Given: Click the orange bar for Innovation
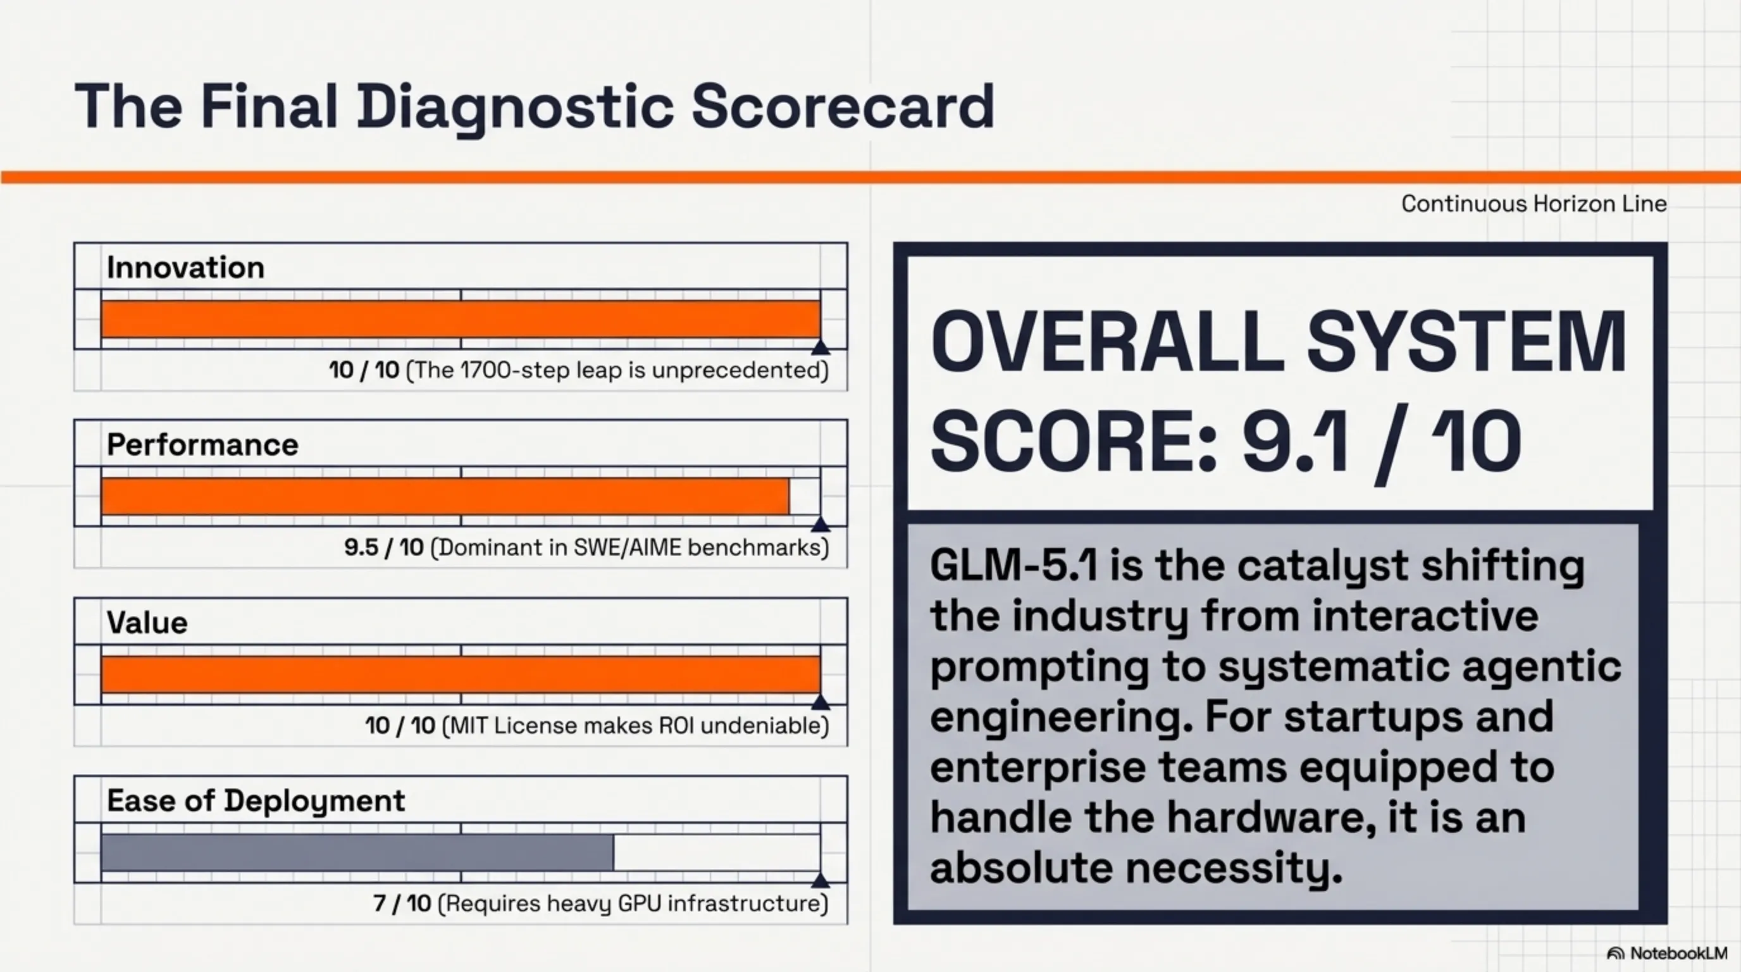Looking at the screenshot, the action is click(x=461, y=319).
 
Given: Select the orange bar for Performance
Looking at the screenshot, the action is click(x=445, y=496).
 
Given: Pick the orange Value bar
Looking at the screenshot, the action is click(x=461, y=674).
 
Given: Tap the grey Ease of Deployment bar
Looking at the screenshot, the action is click(x=357, y=852).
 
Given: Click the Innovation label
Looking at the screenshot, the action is click(x=185, y=268).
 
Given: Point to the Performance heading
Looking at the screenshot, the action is click(x=202, y=445).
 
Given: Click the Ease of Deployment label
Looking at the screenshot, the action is click(x=256, y=801).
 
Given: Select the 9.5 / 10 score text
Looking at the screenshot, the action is click(x=384, y=547).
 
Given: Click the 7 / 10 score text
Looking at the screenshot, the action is click(x=402, y=903).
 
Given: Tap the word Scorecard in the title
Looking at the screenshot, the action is click(x=843, y=106).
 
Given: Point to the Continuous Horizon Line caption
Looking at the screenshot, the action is click(x=1533, y=204).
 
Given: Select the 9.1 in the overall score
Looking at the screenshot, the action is click(x=1295, y=442).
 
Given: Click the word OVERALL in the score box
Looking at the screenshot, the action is click(x=1107, y=341).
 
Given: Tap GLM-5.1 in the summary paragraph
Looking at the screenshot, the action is click(x=1013, y=565).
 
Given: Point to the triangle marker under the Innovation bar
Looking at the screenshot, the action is click(x=820, y=347).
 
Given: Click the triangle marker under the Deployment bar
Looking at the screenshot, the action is click(x=820, y=880).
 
